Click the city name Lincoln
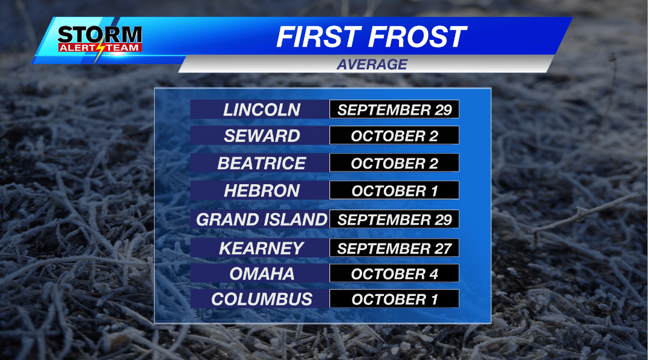point(261,109)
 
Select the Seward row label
point(261,136)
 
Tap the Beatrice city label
point(261,163)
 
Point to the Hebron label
point(261,191)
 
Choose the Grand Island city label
point(261,219)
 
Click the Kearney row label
point(261,248)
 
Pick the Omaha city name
point(261,274)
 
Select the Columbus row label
point(261,299)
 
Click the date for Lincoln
point(394,109)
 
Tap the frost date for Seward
point(394,136)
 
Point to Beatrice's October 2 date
point(394,163)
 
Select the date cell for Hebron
point(394,191)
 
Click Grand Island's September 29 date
point(394,219)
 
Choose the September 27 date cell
point(394,248)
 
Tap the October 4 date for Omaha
point(394,274)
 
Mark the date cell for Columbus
point(394,299)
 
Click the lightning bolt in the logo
point(100,50)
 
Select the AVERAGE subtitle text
point(372,64)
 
